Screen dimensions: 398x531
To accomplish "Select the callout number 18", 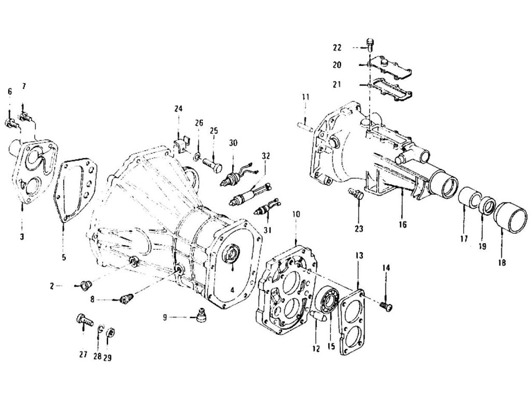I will click(x=501, y=262).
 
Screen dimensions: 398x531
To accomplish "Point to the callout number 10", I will click(x=296, y=214).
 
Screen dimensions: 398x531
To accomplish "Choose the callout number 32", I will click(x=266, y=155).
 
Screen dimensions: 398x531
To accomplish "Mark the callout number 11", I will click(x=305, y=96).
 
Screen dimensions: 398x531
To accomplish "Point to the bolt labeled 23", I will click(x=356, y=195).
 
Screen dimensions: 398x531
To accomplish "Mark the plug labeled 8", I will click(x=125, y=299).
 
